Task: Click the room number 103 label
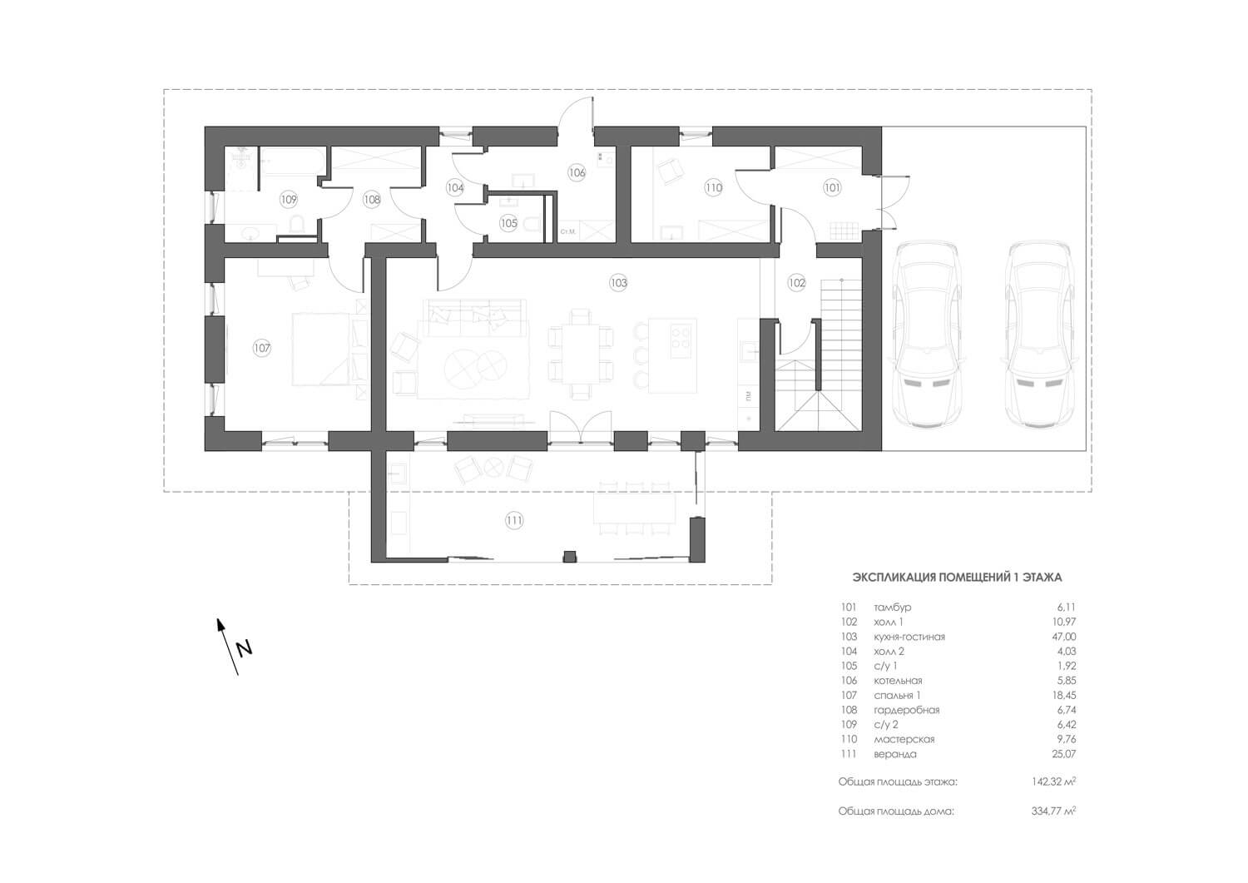618,283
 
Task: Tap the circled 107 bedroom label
262,349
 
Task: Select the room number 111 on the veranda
514,521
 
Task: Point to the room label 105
508,224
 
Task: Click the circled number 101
832,188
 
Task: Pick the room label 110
714,188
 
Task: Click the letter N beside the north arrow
244,649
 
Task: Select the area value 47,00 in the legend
1064,637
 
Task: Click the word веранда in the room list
895,754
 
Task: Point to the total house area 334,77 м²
1053,811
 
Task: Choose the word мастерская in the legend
904,740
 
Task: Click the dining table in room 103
580,355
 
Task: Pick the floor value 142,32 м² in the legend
1053,782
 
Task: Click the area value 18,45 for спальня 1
1064,696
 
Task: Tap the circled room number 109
289,199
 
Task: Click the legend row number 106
849,681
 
